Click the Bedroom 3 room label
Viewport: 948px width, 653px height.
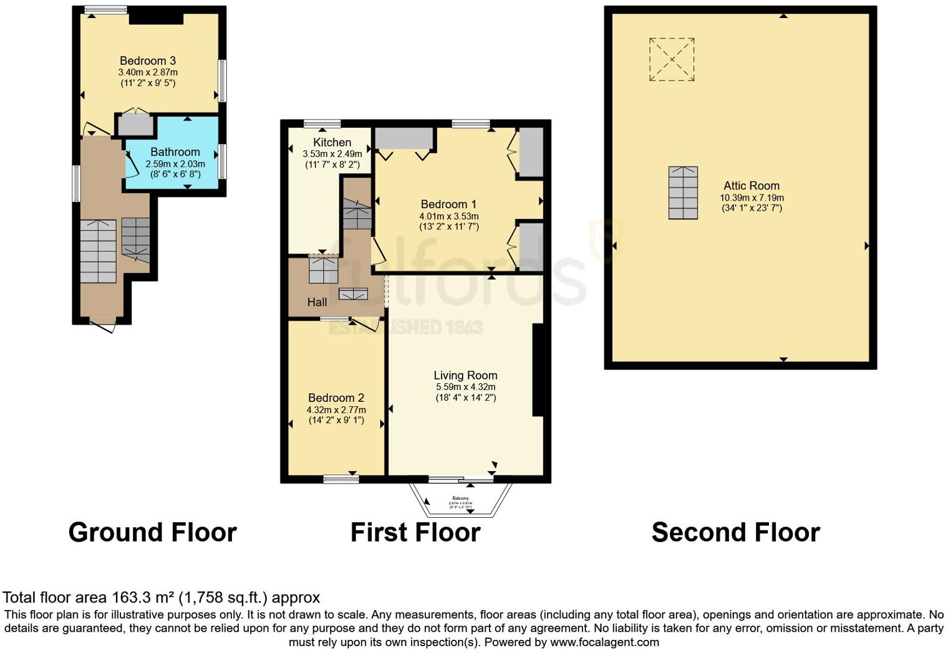[x=148, y=60]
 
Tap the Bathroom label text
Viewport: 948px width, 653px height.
[x=175, y=152]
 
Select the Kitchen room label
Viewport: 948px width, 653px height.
[x=332, y=143]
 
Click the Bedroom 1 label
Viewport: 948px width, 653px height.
[x=448, y=204]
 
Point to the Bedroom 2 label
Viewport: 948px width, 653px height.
[x=336, y=398]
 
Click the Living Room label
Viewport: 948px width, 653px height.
[x=465, y=375]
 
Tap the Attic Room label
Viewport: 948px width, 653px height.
[x=751, y=186]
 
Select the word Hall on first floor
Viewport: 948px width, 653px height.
[x=317, y=302]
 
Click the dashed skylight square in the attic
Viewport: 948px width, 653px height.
[x=672, y=60]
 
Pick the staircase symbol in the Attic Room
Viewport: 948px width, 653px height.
[x=683, y=193]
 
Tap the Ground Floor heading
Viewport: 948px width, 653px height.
[x=152, y=533]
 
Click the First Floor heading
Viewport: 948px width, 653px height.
[x=415, y=533]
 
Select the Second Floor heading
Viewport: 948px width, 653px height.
[x=735, y=533]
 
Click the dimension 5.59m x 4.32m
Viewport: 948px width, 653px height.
[x=465, y=387]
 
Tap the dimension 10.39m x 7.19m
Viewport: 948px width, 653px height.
[x=752, y=198]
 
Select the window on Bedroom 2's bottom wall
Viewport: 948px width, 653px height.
[x=341, y=479]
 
